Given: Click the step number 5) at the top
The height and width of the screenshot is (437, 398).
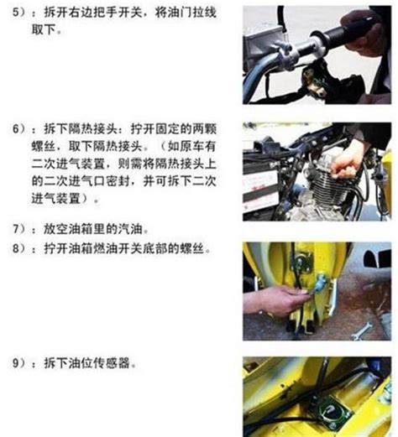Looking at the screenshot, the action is pos(19,13).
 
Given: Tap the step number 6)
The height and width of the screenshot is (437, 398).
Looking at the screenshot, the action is pos(19,129).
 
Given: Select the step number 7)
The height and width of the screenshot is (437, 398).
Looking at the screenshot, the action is pos(19,229).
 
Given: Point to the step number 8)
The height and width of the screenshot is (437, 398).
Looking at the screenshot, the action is pos(19,248).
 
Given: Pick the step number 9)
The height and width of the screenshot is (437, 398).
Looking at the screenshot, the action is pos(19,363).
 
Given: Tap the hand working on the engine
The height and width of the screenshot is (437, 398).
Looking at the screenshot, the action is pos(346,165).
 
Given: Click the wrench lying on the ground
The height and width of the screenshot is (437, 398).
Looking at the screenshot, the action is pos(362,330).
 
